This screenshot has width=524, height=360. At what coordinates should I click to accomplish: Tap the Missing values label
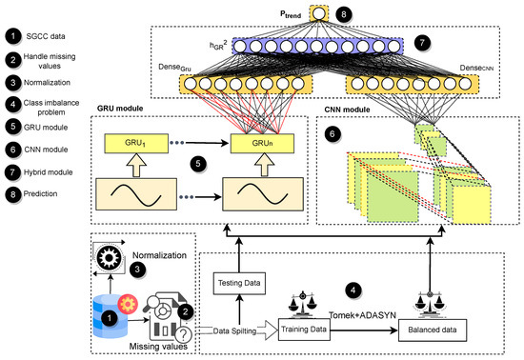tap(130, 350)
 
